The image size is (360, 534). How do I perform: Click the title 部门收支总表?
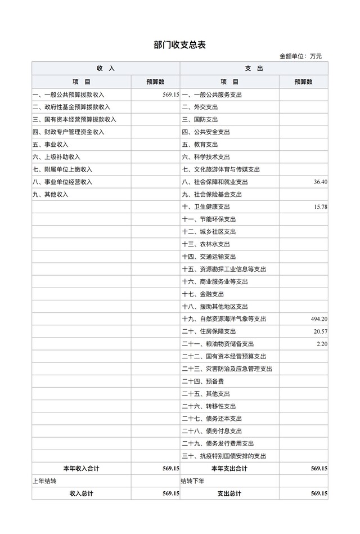(179, 45)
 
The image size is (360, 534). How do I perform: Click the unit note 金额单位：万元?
(300, 56)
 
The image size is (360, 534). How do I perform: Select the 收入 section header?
(105, 68)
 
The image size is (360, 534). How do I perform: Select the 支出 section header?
(254, 68)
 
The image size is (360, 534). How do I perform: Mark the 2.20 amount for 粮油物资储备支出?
(322, 344)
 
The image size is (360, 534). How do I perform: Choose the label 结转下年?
(192, 481)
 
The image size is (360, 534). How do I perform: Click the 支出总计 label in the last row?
(229, 493)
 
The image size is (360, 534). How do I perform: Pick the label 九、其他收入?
(50, 194)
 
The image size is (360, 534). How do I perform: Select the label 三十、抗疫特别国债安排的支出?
(223, 456)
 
